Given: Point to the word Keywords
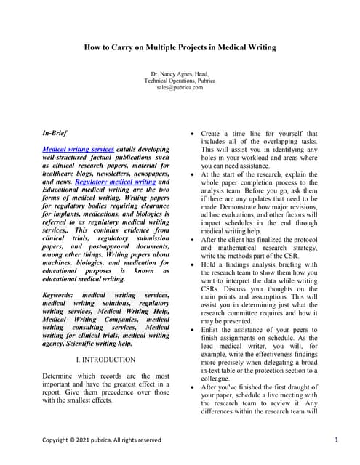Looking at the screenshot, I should [x=62, y=295].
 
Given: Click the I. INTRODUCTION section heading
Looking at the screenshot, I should [x=105, y=359].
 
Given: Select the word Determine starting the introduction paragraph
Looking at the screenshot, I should [x=60, y=376].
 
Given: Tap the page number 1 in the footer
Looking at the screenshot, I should [x=337, y=440].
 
